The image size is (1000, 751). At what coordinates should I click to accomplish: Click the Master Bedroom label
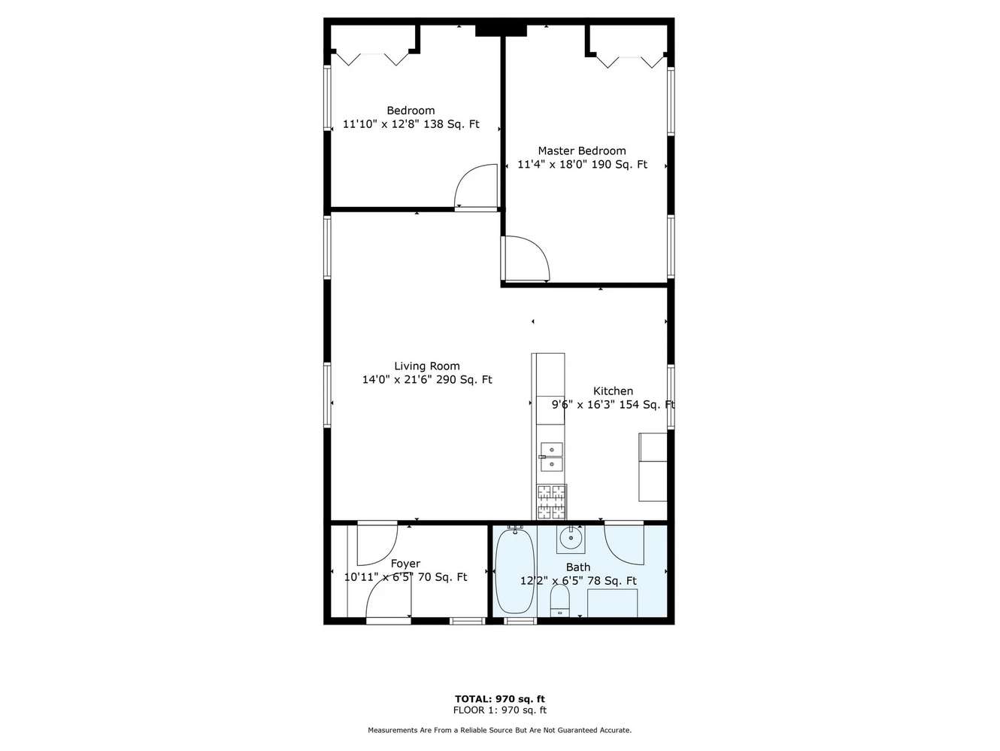(582, 151)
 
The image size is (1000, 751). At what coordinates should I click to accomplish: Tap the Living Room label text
(427, 366)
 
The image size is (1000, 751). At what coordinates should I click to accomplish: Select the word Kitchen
(613, 391)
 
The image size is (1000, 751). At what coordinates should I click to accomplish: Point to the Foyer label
(405, 564)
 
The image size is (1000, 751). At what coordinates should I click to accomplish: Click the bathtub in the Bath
(515, 571)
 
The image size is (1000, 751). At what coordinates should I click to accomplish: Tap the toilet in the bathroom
(560, 600)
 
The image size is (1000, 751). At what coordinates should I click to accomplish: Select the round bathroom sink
(571, 539)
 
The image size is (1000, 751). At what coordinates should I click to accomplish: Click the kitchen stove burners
(552, 502)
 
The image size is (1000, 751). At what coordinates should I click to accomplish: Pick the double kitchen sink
(552, 457)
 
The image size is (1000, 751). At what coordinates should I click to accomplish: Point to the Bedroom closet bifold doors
(372, 59)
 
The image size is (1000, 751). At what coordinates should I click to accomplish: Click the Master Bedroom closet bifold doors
(630, 62)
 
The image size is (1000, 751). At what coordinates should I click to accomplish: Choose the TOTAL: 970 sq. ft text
(500, 698)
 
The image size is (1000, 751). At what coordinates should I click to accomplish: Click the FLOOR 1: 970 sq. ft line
(500, 710)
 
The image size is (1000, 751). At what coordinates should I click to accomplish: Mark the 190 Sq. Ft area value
(619, 164)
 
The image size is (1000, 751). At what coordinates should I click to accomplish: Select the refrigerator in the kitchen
(653, 467)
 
